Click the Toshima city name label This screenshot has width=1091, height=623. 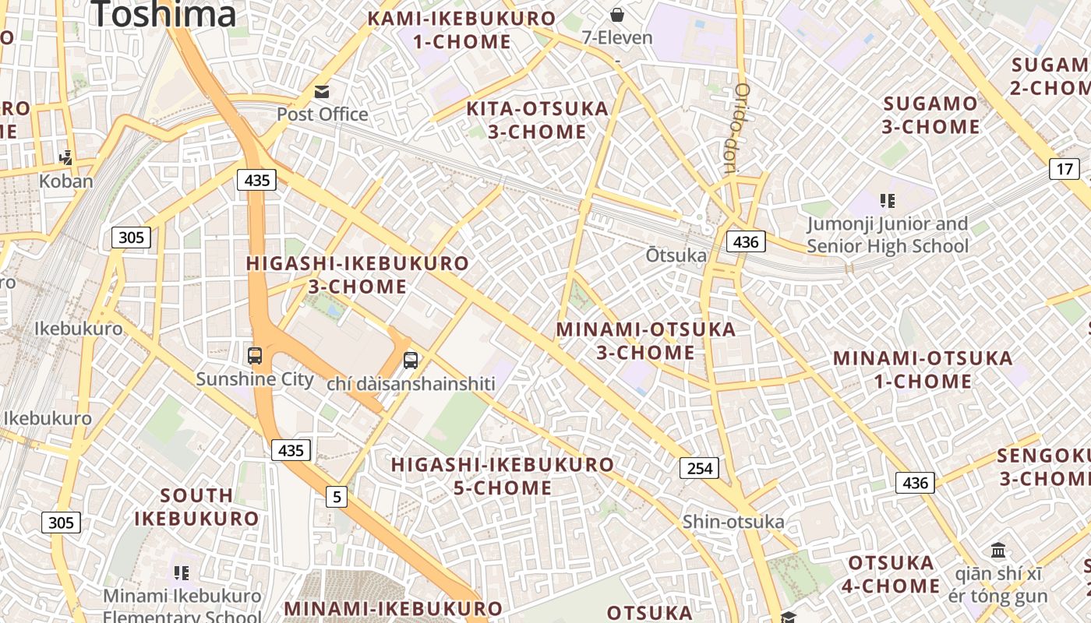click(x=164, y=14)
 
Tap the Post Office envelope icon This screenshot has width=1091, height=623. click(x=322, y=93)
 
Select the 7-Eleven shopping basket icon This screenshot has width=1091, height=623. click(x=617, y=15)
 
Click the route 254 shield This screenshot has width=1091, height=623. click(x=699, y=468)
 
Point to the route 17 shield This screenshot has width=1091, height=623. click(x=1065, y=169)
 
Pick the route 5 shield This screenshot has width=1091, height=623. click(x=336, y=496)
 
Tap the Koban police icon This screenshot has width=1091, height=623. click(x=66, y=158)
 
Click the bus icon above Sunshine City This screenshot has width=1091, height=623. click(x=255, y=356)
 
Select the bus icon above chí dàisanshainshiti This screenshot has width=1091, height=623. click(x=411, y=361)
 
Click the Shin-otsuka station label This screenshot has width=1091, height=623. click(x=733, y=522)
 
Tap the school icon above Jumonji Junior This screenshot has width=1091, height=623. click(x=887, y=202)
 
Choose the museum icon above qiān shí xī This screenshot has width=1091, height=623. click(x=998, y=551)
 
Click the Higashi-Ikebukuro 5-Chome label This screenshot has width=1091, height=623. click(x=503, y=477)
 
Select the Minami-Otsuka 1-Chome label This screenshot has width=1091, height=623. click(x=923, y=370)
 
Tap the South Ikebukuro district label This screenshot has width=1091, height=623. click(x=196, y=507)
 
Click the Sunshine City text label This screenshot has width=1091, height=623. click(x=255, y=380)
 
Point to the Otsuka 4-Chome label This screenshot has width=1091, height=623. click(x=892, y=574)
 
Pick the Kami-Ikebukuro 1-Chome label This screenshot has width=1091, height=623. click(x=462, y=30)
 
